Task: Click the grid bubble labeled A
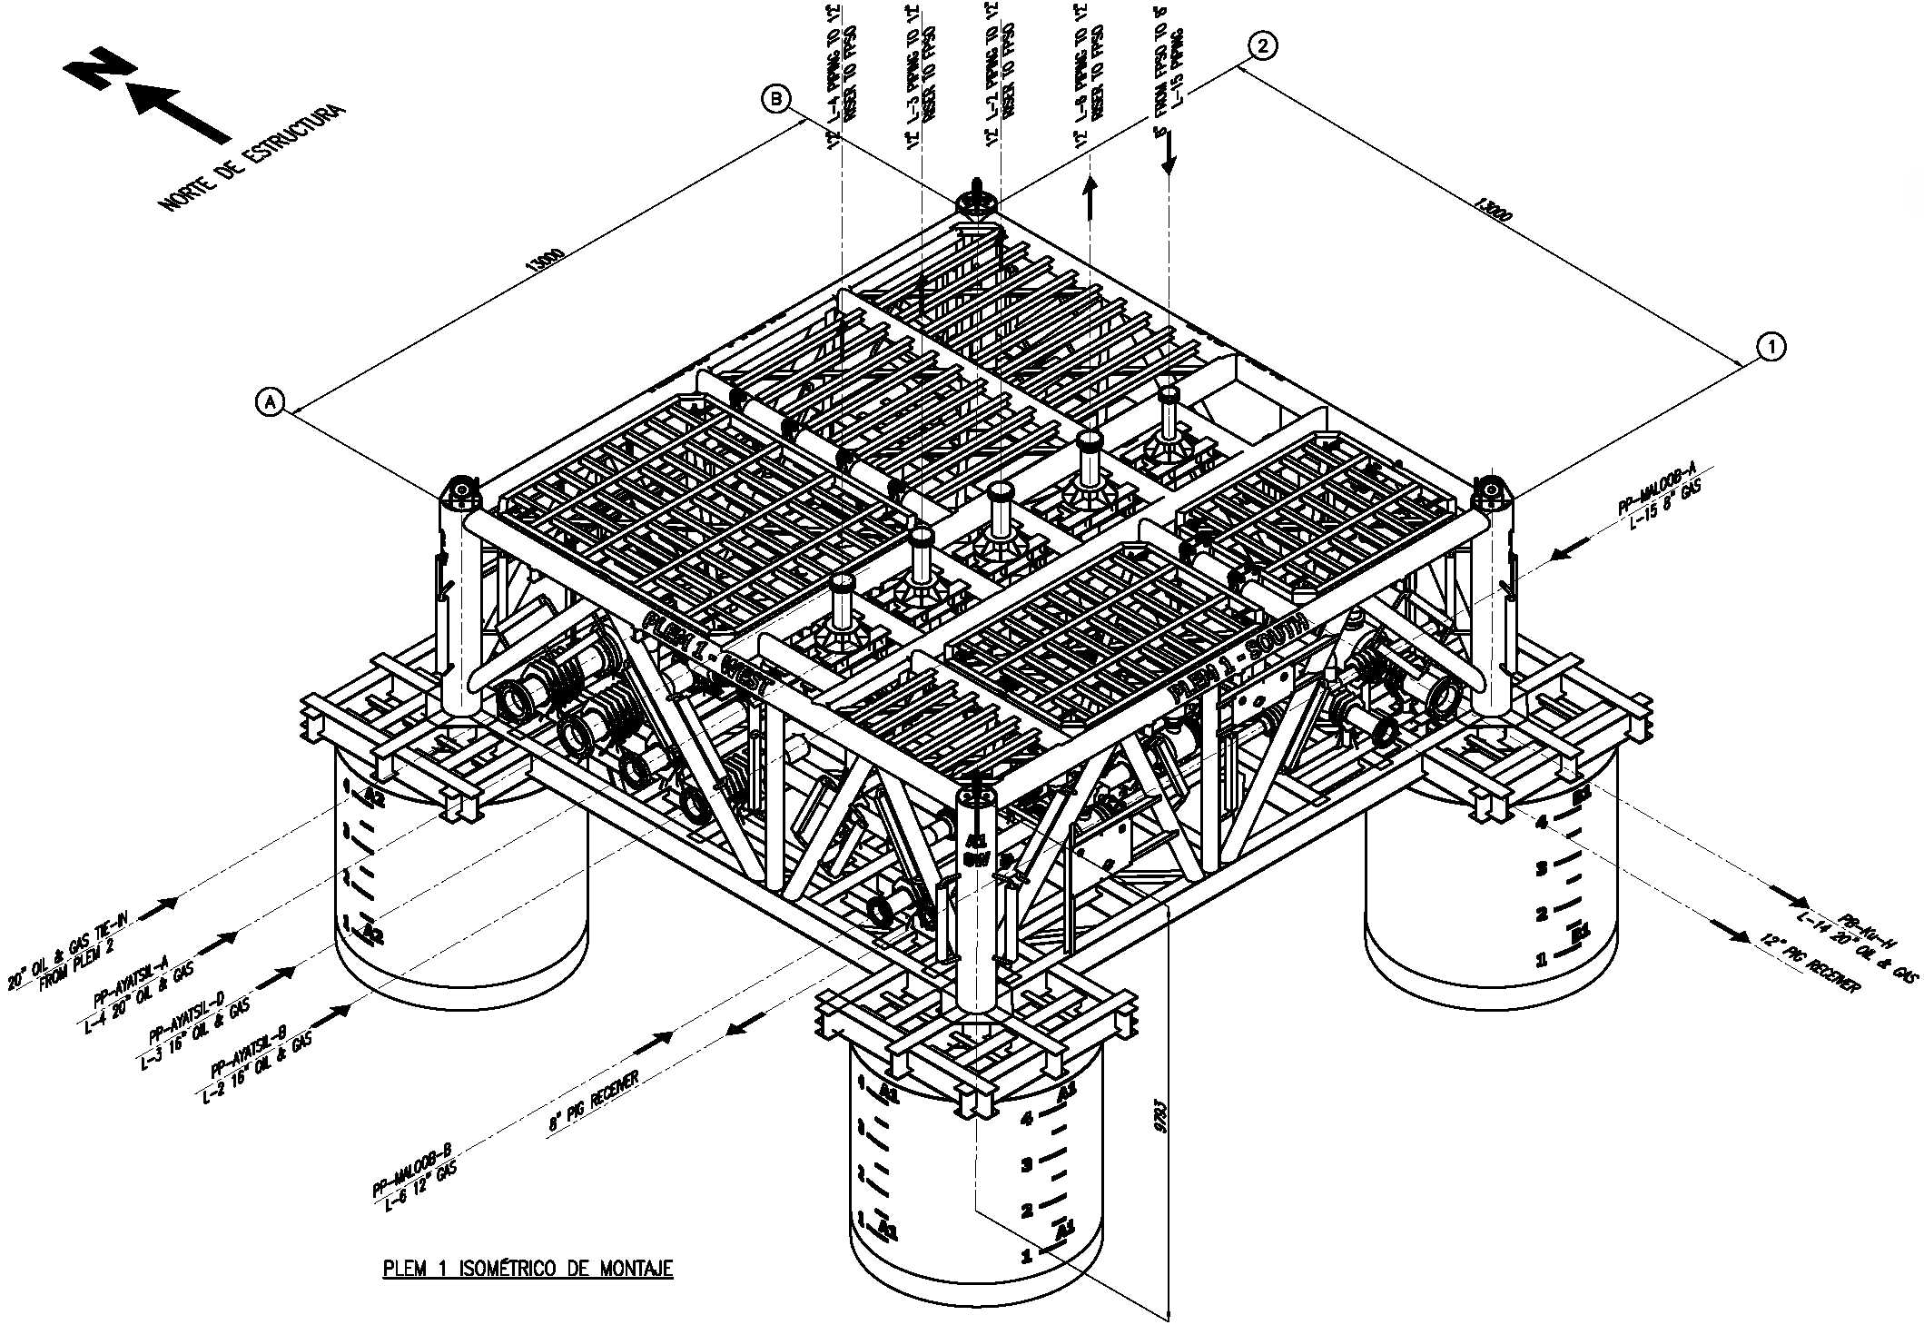271,400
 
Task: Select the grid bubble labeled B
777,99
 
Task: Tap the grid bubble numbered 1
1771,345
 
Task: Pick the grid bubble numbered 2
1264,45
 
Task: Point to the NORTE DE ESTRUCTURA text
252,158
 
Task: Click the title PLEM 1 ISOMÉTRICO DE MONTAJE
528,1268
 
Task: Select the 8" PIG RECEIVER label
594,1101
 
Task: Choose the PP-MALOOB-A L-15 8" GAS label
1658,499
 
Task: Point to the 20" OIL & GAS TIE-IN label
69,954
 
